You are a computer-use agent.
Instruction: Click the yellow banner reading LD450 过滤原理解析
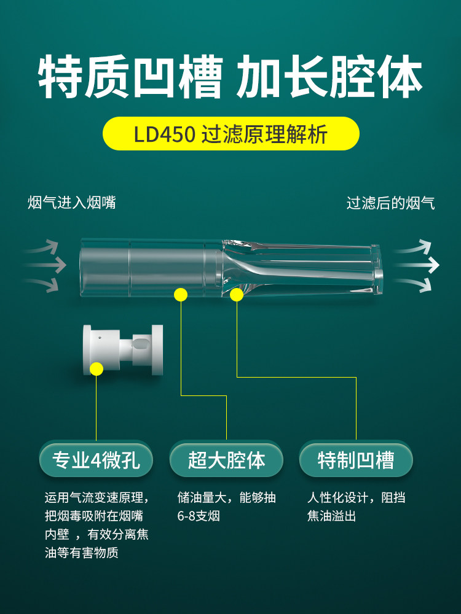click(x=231, y=133)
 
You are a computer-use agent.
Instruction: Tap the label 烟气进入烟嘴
click(x=72, y=203)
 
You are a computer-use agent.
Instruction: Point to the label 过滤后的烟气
click(x=390, y=203)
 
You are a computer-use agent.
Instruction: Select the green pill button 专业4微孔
click(x=96, y=459)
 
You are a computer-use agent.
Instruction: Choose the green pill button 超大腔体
click(x=226, y=459)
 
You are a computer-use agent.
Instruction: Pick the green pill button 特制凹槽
click(x=356, y=459)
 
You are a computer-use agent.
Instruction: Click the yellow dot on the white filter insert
click(x=97, y=369)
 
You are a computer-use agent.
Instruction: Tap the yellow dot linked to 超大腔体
click(x=181, y=295)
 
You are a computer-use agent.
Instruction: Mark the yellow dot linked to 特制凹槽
click(x=237, y=295)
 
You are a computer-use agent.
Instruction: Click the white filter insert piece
click(x=123, y=350)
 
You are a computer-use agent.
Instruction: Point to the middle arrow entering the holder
click(x=44, y=265)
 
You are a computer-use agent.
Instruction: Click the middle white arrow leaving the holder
click(x=417, y=265)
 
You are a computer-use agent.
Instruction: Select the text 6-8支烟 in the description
click(x=199, y=516)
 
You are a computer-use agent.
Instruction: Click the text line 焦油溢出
click(x=332, y=516)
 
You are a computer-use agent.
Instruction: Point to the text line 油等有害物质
click(x=82, y=553)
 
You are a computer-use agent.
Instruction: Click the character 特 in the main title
click(x=60, y=76)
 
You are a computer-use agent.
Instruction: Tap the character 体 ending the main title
click(x=401, y=76)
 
